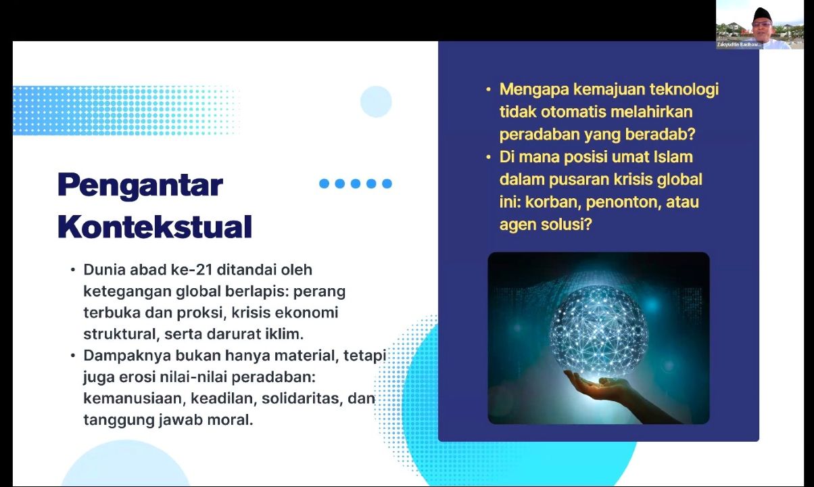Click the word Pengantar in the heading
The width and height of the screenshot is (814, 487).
[x=140, y=185]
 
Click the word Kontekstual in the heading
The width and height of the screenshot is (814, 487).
[x=155, y=227]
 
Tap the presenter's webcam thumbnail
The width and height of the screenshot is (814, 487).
[x=759, y=25]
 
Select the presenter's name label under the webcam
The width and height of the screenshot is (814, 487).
[x=738, y=45]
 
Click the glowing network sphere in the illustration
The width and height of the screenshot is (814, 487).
[x=598, y=332]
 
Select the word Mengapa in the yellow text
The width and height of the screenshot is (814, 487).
[x=534, y=90]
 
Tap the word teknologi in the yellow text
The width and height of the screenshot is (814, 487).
[x=684, y=90]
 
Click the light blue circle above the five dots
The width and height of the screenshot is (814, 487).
[x=376, y=101]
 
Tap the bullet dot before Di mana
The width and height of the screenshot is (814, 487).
[x=488, y=158]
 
